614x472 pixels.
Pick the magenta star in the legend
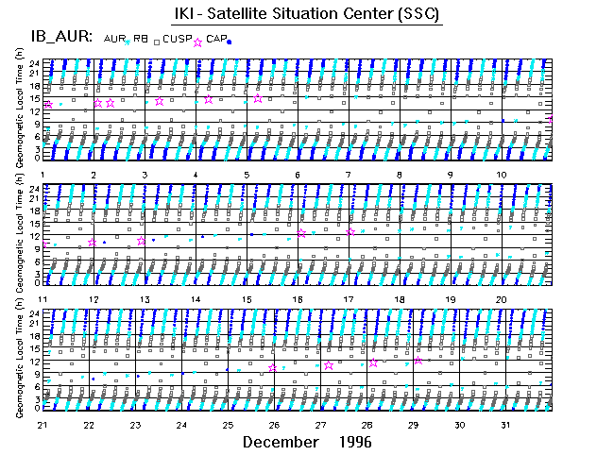[197, 42]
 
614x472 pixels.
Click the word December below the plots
[280, 442]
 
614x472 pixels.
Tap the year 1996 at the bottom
[354, 442]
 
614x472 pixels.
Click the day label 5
[247, 175]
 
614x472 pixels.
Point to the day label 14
[196, 299]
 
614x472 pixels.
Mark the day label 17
[349, 299]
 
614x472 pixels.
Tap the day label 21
[43, 425]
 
